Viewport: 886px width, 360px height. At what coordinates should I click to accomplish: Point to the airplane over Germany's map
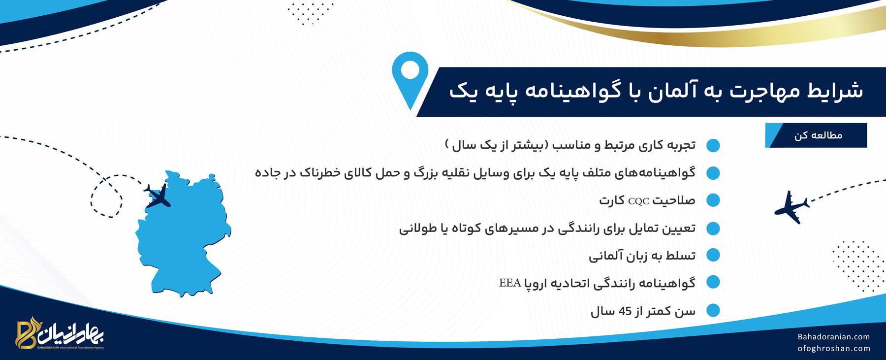coord(158,196)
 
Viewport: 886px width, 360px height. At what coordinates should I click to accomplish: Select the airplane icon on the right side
coord(791,207)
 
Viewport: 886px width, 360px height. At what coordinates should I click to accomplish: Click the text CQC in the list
coord(638,201)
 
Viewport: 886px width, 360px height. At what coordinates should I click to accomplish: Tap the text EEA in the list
coord(510,283)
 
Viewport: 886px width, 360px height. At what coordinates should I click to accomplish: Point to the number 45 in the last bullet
coord(625,311)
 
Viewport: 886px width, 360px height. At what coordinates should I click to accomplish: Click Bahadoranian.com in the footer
coord(834,337)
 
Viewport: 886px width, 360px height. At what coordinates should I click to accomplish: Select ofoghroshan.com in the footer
coord(834,349)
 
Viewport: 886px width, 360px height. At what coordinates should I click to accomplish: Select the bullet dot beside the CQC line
coord(713,200)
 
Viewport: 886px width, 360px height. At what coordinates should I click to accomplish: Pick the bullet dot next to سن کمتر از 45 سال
coord(713,311)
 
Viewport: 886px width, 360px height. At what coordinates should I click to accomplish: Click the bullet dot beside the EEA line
coord(713,283)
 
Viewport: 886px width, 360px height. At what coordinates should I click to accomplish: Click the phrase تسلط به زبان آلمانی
coord(642,256)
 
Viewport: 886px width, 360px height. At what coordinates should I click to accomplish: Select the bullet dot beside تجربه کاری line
coord(713,145)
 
